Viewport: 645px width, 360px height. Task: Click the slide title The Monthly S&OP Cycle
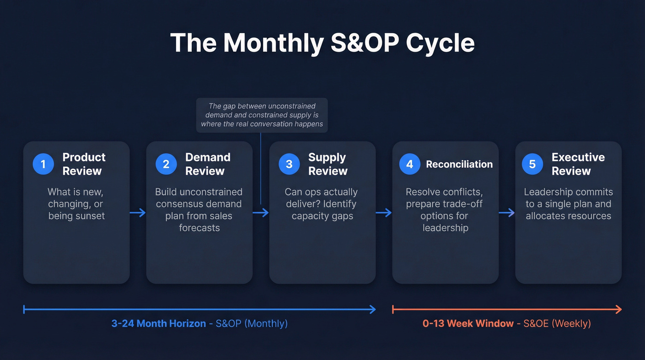322,43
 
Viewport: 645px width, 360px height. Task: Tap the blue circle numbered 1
43,164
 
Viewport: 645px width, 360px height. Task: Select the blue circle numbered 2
166,164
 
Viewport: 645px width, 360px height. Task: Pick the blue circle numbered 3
289,164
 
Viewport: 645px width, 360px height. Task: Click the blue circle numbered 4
410,164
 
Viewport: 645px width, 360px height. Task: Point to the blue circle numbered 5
533,164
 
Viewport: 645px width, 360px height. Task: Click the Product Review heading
84,164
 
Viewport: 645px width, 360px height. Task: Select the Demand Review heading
207,164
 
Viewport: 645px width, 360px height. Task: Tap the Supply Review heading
327,164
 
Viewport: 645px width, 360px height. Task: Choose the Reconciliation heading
459,164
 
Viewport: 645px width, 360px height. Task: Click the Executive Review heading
578,164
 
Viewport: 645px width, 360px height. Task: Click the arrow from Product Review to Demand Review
138,212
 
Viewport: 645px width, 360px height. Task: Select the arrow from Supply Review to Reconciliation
384,212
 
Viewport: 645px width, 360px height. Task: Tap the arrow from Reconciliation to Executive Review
507,212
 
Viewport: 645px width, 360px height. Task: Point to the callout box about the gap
262,115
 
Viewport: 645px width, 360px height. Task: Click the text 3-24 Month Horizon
158,324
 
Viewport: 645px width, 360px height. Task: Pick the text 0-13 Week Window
468,324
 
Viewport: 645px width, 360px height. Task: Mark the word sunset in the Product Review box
90,216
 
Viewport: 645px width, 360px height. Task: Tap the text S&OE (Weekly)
557,324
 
